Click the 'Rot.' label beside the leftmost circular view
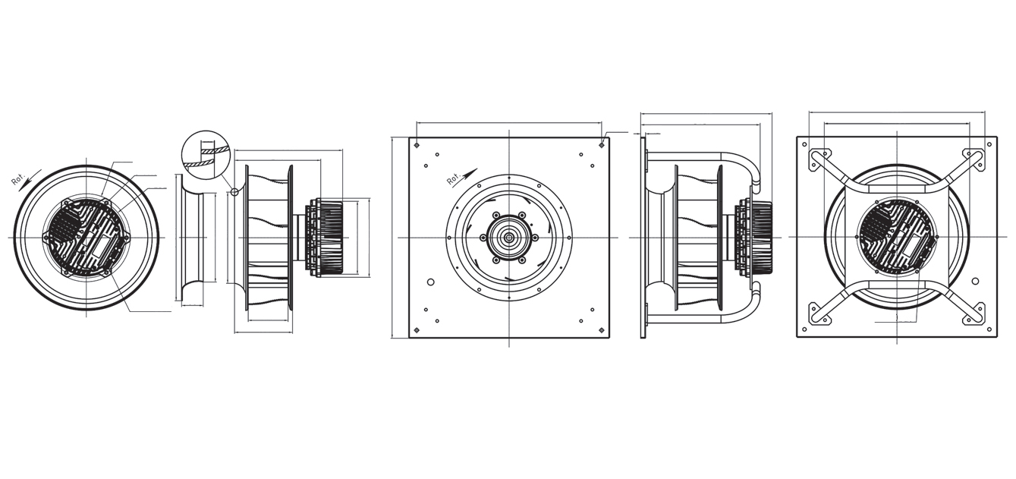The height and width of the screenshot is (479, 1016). pos(17,180)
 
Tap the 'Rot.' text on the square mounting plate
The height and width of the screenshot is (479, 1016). pos(454,178)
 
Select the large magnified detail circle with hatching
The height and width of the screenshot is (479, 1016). pos(205,155)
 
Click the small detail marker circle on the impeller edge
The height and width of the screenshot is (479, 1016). pos(234,192)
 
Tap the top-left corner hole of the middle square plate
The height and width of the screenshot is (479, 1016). pos(417,145)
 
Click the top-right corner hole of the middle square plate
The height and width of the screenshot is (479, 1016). pos(602,145)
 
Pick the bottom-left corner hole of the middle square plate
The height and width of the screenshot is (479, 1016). pos(417,329)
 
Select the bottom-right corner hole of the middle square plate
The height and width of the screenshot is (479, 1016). pos(602,329)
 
